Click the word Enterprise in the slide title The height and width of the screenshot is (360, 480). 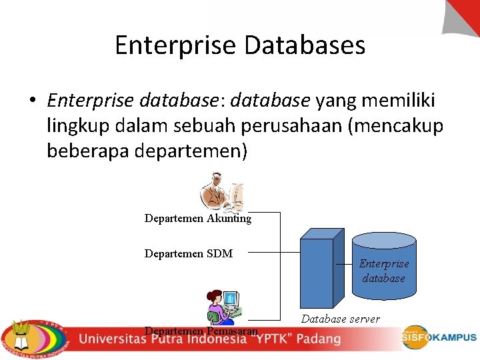pos(175,45)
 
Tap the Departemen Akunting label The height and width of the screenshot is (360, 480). pos(198,219)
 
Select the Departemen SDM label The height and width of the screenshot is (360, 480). pos(189,253)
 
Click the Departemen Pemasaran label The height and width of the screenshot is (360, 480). pos(201,331)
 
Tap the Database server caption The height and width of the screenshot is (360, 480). pos(340,319)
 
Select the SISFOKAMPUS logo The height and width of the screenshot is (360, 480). pos(439,337)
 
